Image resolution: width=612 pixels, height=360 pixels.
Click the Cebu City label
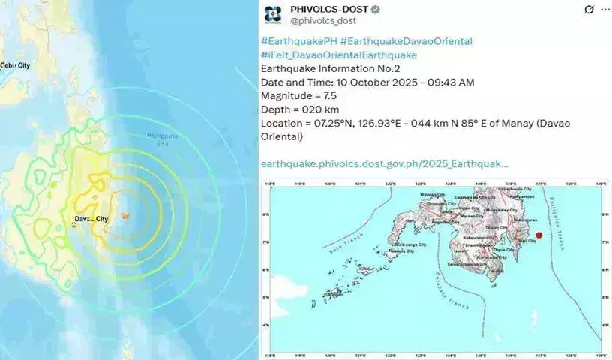click(x=16, y=66)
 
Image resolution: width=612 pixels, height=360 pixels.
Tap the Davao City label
click(x=91, y=219)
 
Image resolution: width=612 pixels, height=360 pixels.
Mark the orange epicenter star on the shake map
click(x=127, y=216)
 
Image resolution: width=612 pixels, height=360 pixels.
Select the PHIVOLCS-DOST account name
click(x=328, y=9)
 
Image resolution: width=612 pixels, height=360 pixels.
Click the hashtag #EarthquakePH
click(x=298, y=41)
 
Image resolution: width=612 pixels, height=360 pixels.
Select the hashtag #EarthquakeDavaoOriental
click(x=406, y=41)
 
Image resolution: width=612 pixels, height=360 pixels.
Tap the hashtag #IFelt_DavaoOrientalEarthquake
click(x=338, y=55)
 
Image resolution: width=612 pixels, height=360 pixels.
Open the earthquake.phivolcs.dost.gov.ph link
click(x=384, y=163)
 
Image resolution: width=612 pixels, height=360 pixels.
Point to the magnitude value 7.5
click(x=323, y=95)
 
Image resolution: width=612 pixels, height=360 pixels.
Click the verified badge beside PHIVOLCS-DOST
click(x=375, y=9)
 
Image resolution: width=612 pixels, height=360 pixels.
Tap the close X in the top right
click(x=590, y=9)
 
